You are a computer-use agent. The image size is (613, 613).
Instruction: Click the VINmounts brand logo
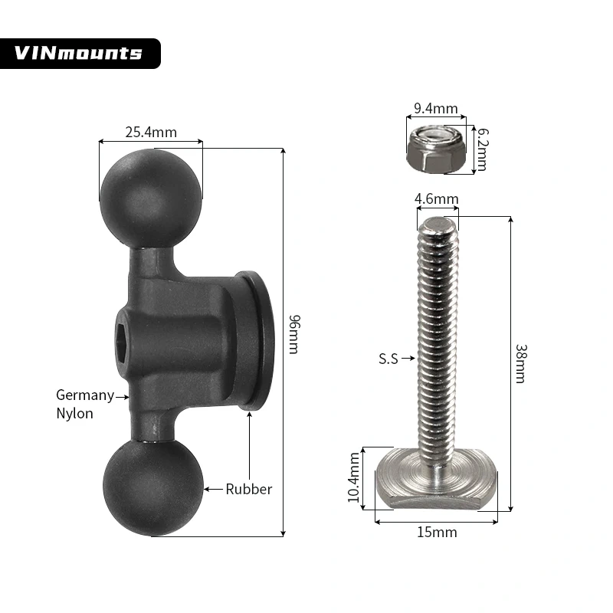click(x=79, y=53)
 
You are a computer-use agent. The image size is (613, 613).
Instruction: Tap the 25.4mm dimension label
click(x=151, y=132)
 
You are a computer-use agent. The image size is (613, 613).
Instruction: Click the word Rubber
click(x=248, y=489)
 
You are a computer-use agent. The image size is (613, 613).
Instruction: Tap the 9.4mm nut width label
click(x=434, y=109)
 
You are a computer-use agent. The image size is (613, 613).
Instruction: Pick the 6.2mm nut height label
click(x=482, y=149)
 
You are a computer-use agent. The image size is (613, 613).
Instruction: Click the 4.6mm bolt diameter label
click(x=436, y=199)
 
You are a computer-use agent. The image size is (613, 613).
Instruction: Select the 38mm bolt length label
click(x=520, y=364)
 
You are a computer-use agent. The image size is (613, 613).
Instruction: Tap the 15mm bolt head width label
click(x=438, y=531)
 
